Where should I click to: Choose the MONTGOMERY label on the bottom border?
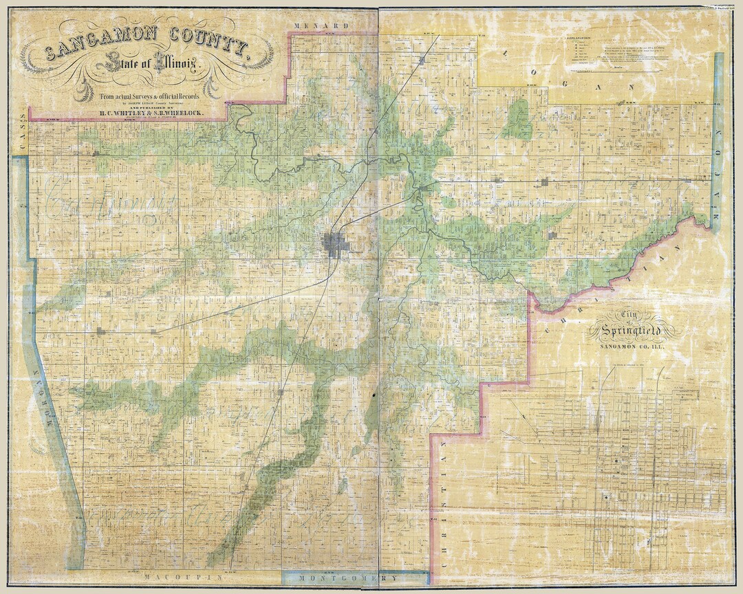(x=350, y=578)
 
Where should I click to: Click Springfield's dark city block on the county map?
(x=336, y=244)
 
